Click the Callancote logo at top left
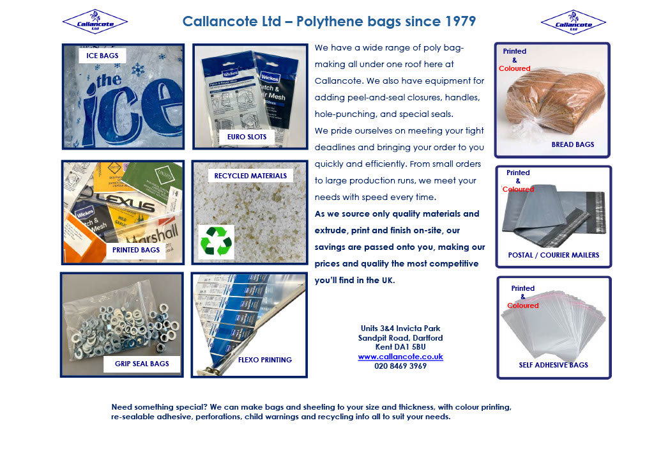point(95,22)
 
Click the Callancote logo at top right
point(573,22)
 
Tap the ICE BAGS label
point(103,56)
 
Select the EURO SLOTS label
point(247,137)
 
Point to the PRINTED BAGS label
point(136,250)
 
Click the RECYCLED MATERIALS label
point(250,176)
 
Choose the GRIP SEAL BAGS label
point(142,364)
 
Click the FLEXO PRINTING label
point(264,360)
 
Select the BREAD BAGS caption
point(572,144)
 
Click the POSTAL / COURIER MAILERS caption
point(553,255)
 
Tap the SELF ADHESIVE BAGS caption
point(553,365)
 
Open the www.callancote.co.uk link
point(400,357)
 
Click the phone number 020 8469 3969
point(400,366)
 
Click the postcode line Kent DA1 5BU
point(400,347)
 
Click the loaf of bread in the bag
point(553,99)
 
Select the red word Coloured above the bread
point(514,68)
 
